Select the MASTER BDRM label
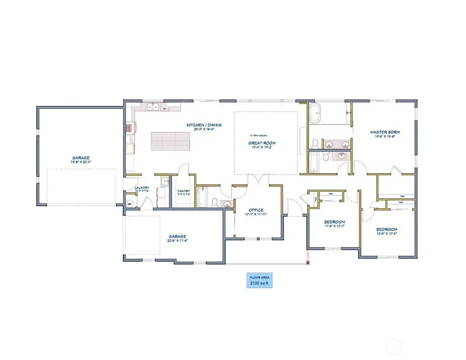click(385, 132)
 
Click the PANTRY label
click(184, 191)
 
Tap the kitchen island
click(170, 140)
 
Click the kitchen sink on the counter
click(152, 108)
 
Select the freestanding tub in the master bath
click(315, 113)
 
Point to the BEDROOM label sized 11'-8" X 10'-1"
click(334, 222)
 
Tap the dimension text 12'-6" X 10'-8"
click(386, 233)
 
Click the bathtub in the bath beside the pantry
click(202, 197)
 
